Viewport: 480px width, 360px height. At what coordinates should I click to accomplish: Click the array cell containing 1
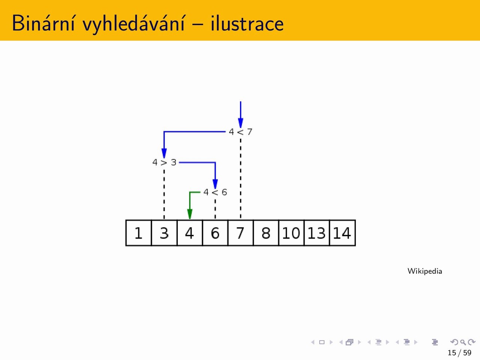click(x=139, y=233)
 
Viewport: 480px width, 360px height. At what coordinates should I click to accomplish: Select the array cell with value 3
click(x=164, y=233)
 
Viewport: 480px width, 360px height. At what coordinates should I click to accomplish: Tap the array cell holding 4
click(x=190, y=233)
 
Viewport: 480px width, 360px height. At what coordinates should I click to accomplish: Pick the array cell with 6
click(x=215, y=233)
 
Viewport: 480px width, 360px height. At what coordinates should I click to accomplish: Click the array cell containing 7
click(x=240, y=233)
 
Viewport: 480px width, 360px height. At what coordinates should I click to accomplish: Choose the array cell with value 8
click(x=266, y=233)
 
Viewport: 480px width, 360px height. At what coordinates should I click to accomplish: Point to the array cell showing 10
click(x=291, y=233)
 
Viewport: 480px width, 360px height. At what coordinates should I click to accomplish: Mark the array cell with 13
click(x=317, y=233)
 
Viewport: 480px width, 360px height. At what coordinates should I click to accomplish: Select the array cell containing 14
click(x=342, y=233)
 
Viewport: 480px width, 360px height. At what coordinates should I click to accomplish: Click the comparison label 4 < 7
click(x=240, y=132)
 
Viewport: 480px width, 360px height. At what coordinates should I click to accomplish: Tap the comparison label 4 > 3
click(x=164, y=162)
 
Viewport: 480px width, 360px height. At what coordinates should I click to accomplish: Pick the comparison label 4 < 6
click(x=215, y=192)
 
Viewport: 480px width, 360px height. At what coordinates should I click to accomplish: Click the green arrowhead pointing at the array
click(x=190, y=214)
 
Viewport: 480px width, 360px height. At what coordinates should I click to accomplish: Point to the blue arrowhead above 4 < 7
click(x=240, y=123)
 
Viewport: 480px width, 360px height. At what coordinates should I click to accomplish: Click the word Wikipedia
click(x=424, y=271)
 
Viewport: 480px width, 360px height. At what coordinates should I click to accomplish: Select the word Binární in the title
click(x=43, y=23)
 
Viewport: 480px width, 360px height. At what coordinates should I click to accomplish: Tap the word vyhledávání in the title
click(x=134, y=24)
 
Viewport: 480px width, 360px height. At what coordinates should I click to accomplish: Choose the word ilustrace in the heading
click(x=247, y=23)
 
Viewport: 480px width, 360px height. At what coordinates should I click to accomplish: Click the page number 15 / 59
click(x=459, y=352)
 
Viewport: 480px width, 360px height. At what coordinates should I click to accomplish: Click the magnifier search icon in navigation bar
click(x=463, y=342)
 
